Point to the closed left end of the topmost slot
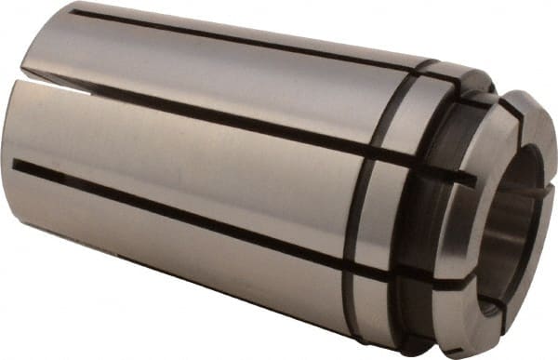[73, 12]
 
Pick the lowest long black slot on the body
[186, 216]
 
